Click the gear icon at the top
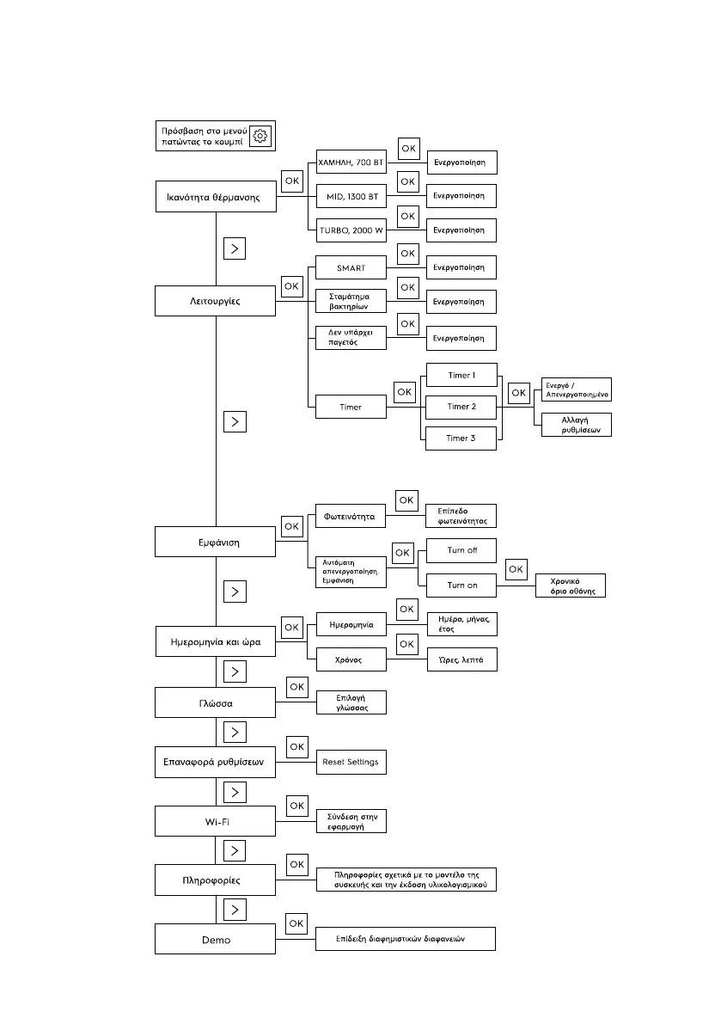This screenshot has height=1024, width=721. click(261, 136)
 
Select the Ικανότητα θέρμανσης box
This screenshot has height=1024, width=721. click(215, 196)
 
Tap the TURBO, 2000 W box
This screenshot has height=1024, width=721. click(351, 230)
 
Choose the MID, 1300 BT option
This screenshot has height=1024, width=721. click(351, 196)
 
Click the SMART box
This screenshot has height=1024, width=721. click(351, 268)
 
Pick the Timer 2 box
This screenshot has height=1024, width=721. click(461, 407)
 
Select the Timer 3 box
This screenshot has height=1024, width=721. click(461, 438)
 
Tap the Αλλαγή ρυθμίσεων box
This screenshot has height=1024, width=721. click(576, 425)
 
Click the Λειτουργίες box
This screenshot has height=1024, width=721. click(215, 302)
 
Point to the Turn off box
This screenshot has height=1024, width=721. click(461, 550)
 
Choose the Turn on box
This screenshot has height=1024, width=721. click(461, 586)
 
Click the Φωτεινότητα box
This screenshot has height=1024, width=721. click(351, 518)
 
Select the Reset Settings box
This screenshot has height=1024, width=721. click(351, 762)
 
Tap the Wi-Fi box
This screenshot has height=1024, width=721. click(215, 821)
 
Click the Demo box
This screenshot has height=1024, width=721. click(215, 939)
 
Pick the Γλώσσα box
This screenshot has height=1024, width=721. click(215, 702)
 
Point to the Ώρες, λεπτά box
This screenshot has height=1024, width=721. click(461, 659)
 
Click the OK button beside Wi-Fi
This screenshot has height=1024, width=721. click(297, 806)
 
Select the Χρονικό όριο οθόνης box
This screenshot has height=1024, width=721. click(571, 586)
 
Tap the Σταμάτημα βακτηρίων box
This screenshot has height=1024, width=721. click(351, 301)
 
